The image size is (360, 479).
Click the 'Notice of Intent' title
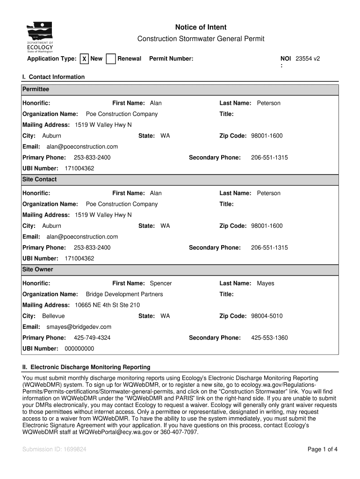(201, 28)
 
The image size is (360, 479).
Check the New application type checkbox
(84, 59)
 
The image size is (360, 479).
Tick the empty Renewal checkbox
(111, 59)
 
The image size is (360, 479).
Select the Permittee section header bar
(180, 89)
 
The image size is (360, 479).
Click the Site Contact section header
(180, 180)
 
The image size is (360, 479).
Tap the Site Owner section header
(180, 270)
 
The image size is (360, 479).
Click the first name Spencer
(161, 283)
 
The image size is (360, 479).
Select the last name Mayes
(266, 283)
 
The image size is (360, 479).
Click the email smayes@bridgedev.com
(79, 327)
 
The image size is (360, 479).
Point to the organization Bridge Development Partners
(124, 294)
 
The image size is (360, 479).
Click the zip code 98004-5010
(267, 316)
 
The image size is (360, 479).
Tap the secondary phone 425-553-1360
(269, 338)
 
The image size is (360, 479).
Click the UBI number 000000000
(79, 348)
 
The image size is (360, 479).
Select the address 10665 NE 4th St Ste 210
(108, 305)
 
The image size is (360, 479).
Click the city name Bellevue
(54, 316)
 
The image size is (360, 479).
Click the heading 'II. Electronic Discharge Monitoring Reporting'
(86, 367)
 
